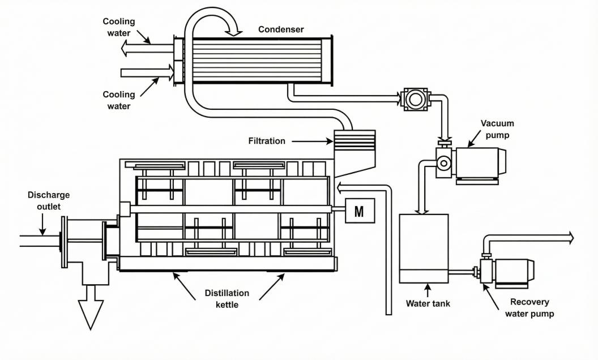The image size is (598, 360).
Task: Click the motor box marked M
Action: (358, 212)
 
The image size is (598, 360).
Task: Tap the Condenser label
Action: (281, 28)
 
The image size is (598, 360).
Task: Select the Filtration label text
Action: (267, 140)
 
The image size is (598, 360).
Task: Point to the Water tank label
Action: (428, 303)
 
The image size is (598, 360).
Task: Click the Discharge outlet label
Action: (49, 200)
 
